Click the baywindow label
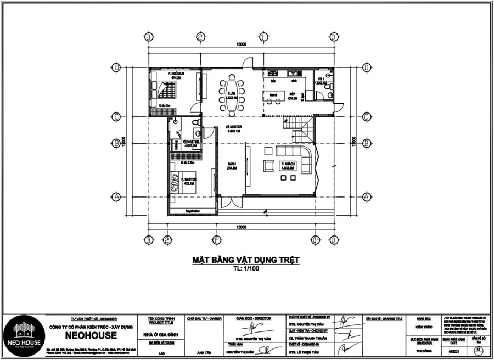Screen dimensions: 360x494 click(x=192, y=210)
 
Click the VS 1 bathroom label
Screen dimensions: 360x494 click(x=319, y=81)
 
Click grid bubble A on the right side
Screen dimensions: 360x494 click(x=366, y=196)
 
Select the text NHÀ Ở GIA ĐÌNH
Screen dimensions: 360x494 click(x=161, y=334)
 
